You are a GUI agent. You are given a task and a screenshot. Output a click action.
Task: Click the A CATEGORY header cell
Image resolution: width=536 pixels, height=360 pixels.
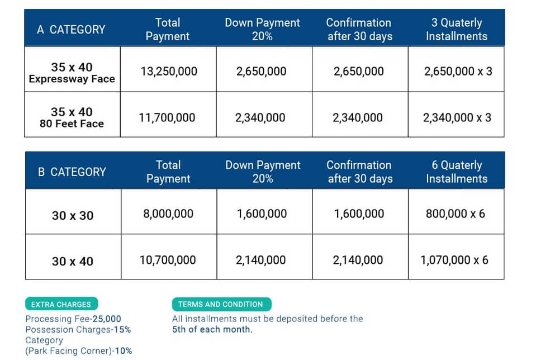[71, 30]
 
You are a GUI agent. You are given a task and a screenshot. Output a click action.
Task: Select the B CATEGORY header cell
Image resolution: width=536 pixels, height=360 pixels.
[72, 172]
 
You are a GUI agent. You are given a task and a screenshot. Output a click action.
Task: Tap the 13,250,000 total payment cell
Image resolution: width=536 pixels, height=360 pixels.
[168, 72]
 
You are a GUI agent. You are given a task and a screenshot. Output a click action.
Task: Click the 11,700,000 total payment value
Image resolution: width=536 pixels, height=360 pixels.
[167, 118]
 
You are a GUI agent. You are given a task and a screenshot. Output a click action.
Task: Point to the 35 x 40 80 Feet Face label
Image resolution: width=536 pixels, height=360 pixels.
[72, 117]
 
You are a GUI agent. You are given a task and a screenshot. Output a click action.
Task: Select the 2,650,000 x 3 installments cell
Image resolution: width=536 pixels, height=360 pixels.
[458, 72]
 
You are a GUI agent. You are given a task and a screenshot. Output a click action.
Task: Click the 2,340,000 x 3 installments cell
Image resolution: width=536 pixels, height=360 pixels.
[457, 118]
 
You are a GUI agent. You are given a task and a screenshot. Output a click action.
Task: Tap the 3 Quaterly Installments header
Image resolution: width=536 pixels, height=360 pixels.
[456, 30]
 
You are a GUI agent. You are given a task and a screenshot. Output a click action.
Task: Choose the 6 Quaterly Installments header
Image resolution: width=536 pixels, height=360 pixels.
[457, 172]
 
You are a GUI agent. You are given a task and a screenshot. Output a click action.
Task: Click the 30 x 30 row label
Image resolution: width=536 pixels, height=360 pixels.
[73, 215]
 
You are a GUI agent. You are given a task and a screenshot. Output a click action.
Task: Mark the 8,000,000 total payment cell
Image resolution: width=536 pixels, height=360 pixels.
[168, 214]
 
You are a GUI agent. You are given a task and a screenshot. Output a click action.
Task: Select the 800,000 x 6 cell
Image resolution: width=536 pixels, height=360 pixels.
[455, 214]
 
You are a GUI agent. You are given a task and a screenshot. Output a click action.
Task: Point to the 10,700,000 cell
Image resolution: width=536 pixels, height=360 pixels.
[168, 260]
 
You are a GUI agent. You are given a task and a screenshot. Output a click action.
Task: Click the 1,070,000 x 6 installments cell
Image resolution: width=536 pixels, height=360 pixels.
[454, 260]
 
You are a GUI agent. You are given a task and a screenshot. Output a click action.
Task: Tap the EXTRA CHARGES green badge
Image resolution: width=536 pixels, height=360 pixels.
[61, 305]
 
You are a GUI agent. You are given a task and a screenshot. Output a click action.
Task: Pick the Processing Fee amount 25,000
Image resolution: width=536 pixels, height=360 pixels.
[106, 319]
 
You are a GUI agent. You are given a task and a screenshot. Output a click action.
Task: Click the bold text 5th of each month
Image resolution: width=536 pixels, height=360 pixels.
[212, 329]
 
